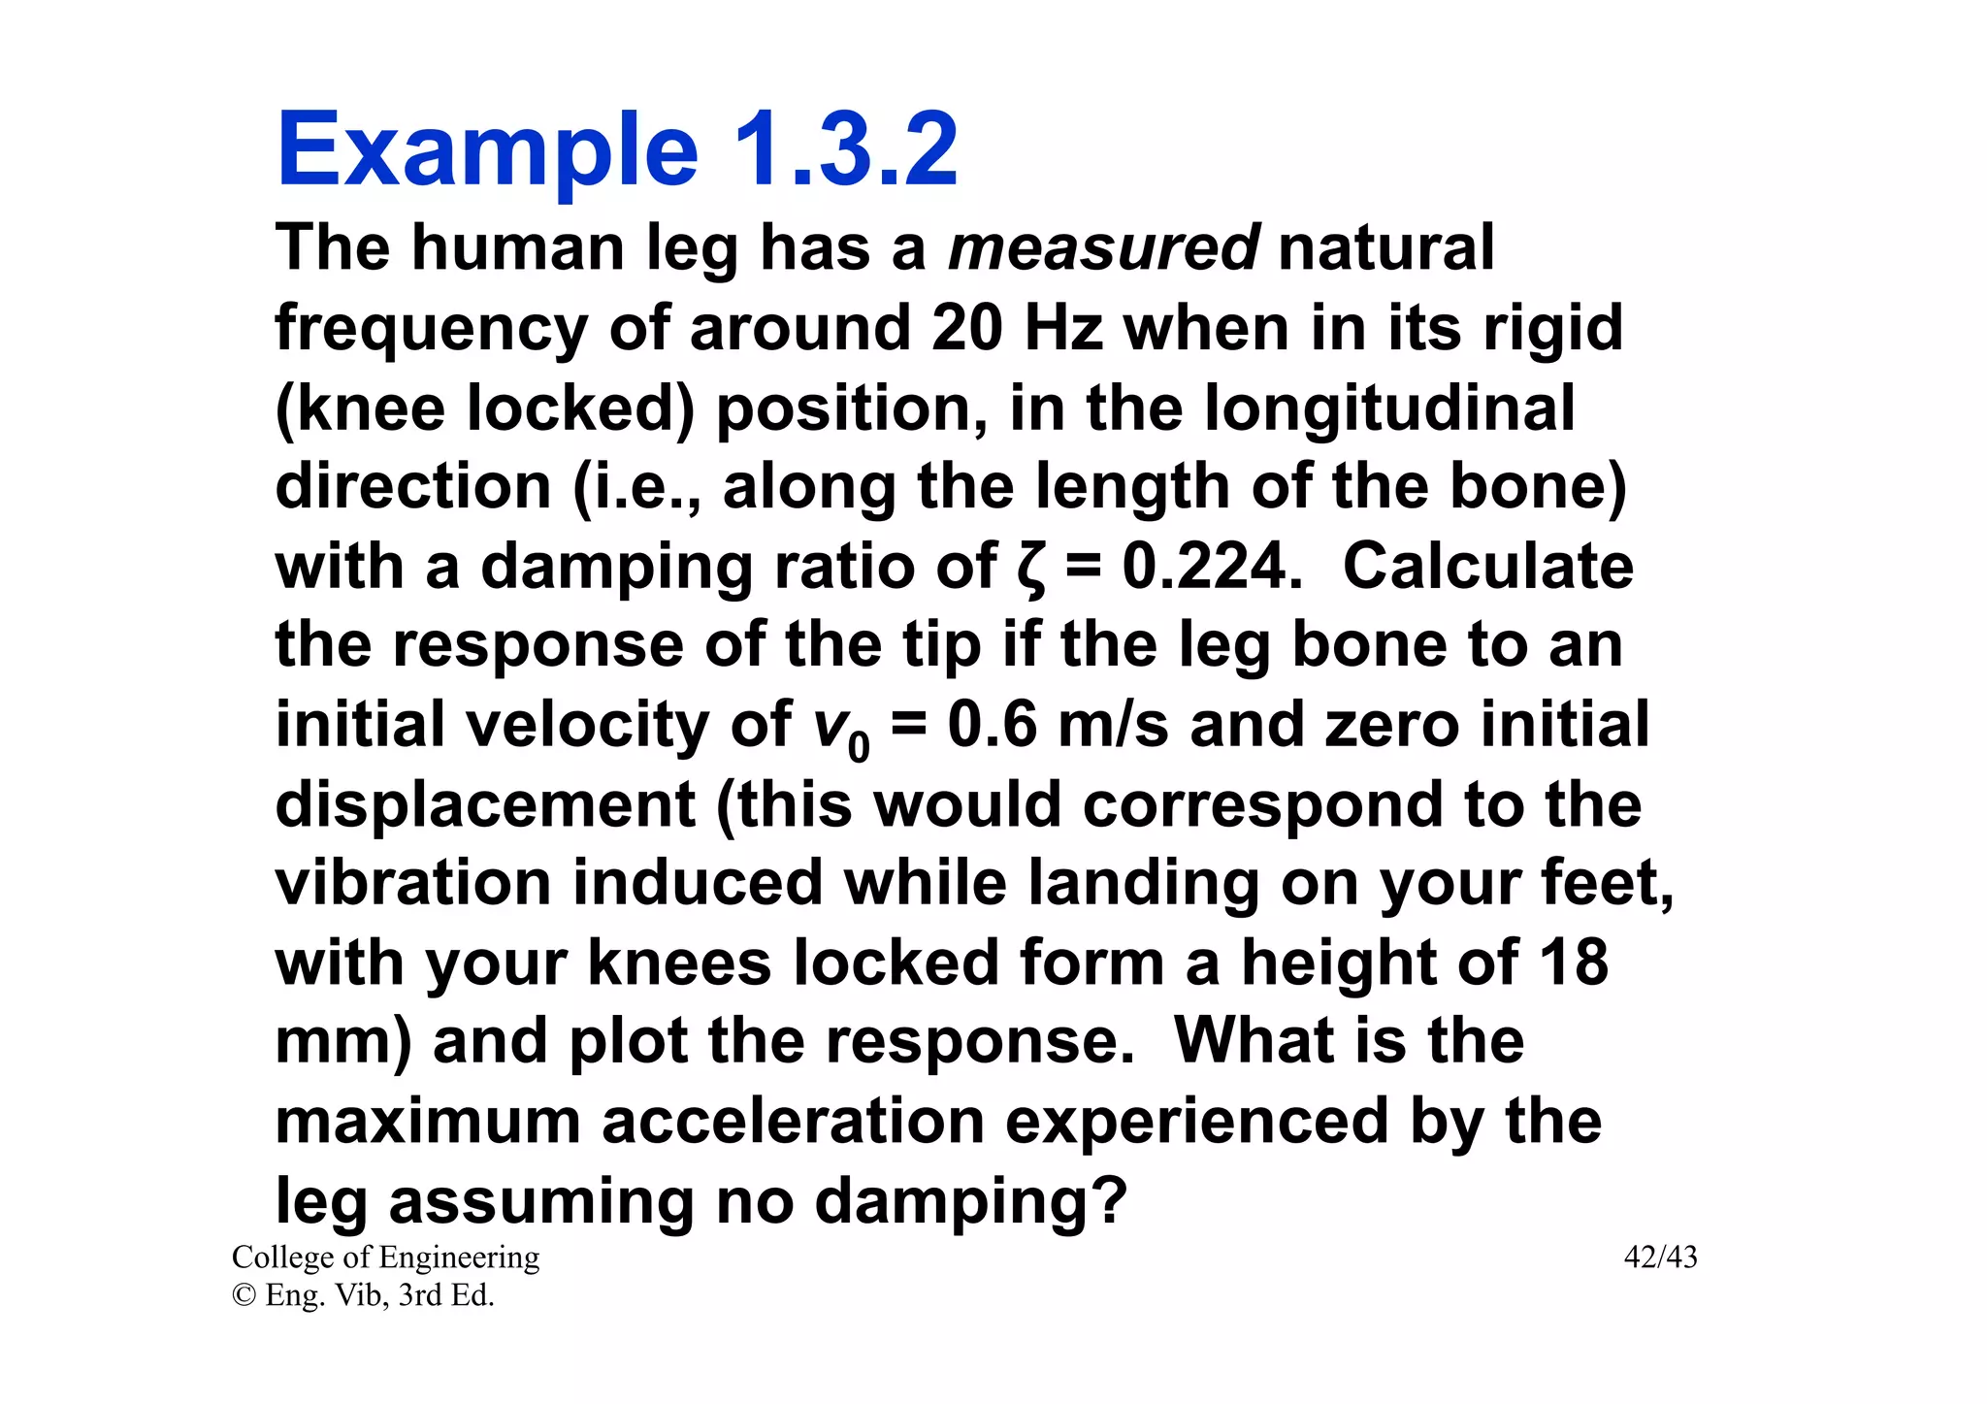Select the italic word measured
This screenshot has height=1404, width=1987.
[x=1103, y=248]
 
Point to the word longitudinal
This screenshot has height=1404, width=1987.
[x=1389, y=408]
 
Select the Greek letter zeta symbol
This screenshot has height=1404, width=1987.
[x=1032, y=568]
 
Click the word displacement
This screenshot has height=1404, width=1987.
[x=485, y=805]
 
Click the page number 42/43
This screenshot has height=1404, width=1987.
[x=1660, y=1257]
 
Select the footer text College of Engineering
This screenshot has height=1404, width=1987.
[x=385, y=1257]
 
